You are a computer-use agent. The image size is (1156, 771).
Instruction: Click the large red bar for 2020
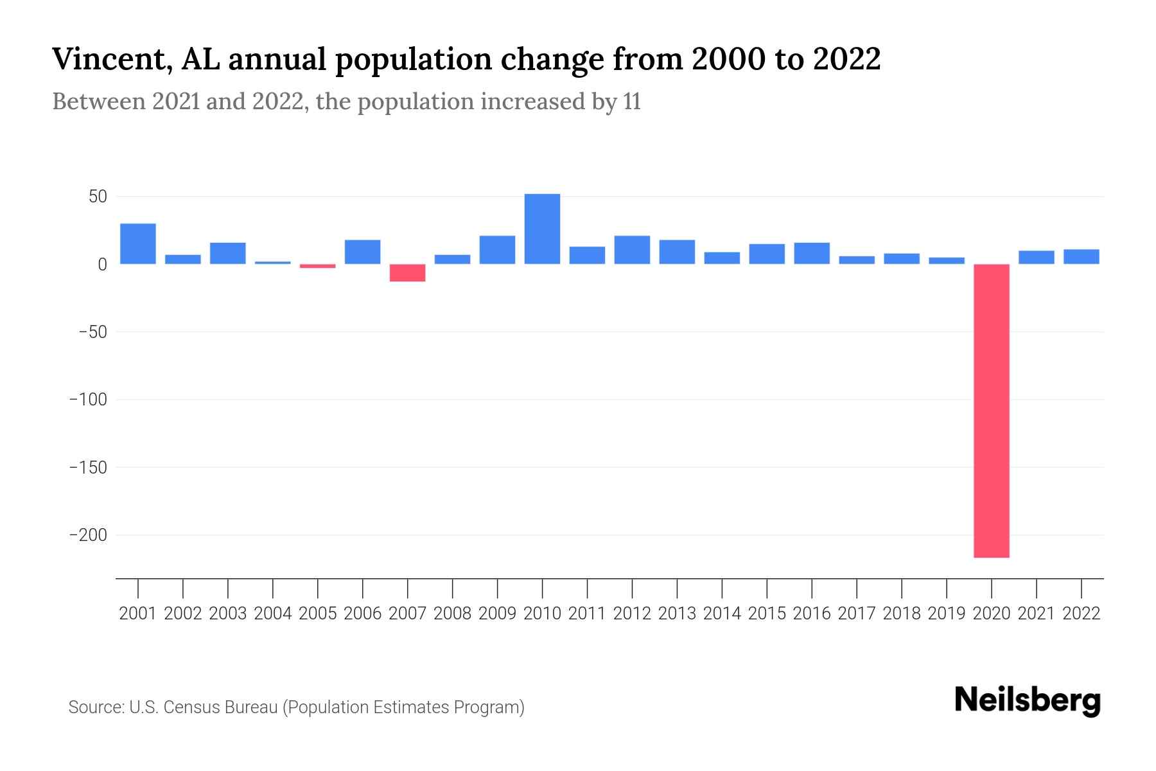pyautogui.click(x=992, y=411)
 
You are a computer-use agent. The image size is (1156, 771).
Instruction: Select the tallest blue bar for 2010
pyautogui.click(x=542, y=229)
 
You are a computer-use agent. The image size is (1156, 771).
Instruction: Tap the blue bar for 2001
pyautogui.click(x=138, y=244)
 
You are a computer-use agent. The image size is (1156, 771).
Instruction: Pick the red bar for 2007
pyautogui.click(x=407, y=272)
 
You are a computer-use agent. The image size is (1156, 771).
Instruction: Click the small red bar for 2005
pyautogui.click(x=317, y=266)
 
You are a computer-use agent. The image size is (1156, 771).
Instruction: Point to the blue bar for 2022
pyautogui.click(x=1081, y=257)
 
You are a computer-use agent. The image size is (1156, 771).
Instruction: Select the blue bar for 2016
pyautogui.click(x=812, y=253)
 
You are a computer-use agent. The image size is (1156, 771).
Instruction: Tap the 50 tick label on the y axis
pyautogui.click(x=97, y=197)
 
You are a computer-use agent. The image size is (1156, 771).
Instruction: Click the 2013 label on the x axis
pyautogui.click(x=677, y=614)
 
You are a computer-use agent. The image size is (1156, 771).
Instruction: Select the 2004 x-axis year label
pyautogui.click(x=272, y=614)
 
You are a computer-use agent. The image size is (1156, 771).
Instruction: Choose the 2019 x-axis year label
pyautogui.click(x=947, y=614)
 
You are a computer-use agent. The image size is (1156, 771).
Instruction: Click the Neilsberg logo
pyautogui.click(x=1027, y=700)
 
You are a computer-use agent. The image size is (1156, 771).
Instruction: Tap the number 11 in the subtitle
pyautogui.click(x=632, y=102)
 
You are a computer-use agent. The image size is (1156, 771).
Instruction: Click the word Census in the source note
pyautogui.click(x=189, y=707)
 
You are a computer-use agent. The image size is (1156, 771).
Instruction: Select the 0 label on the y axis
pyautogui.click(x=102, y=264)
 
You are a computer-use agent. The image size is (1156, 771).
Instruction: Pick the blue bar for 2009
pyautogui.click(x=497, y=250)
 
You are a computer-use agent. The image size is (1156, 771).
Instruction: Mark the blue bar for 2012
pyautogui.click(x=632, y=250)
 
